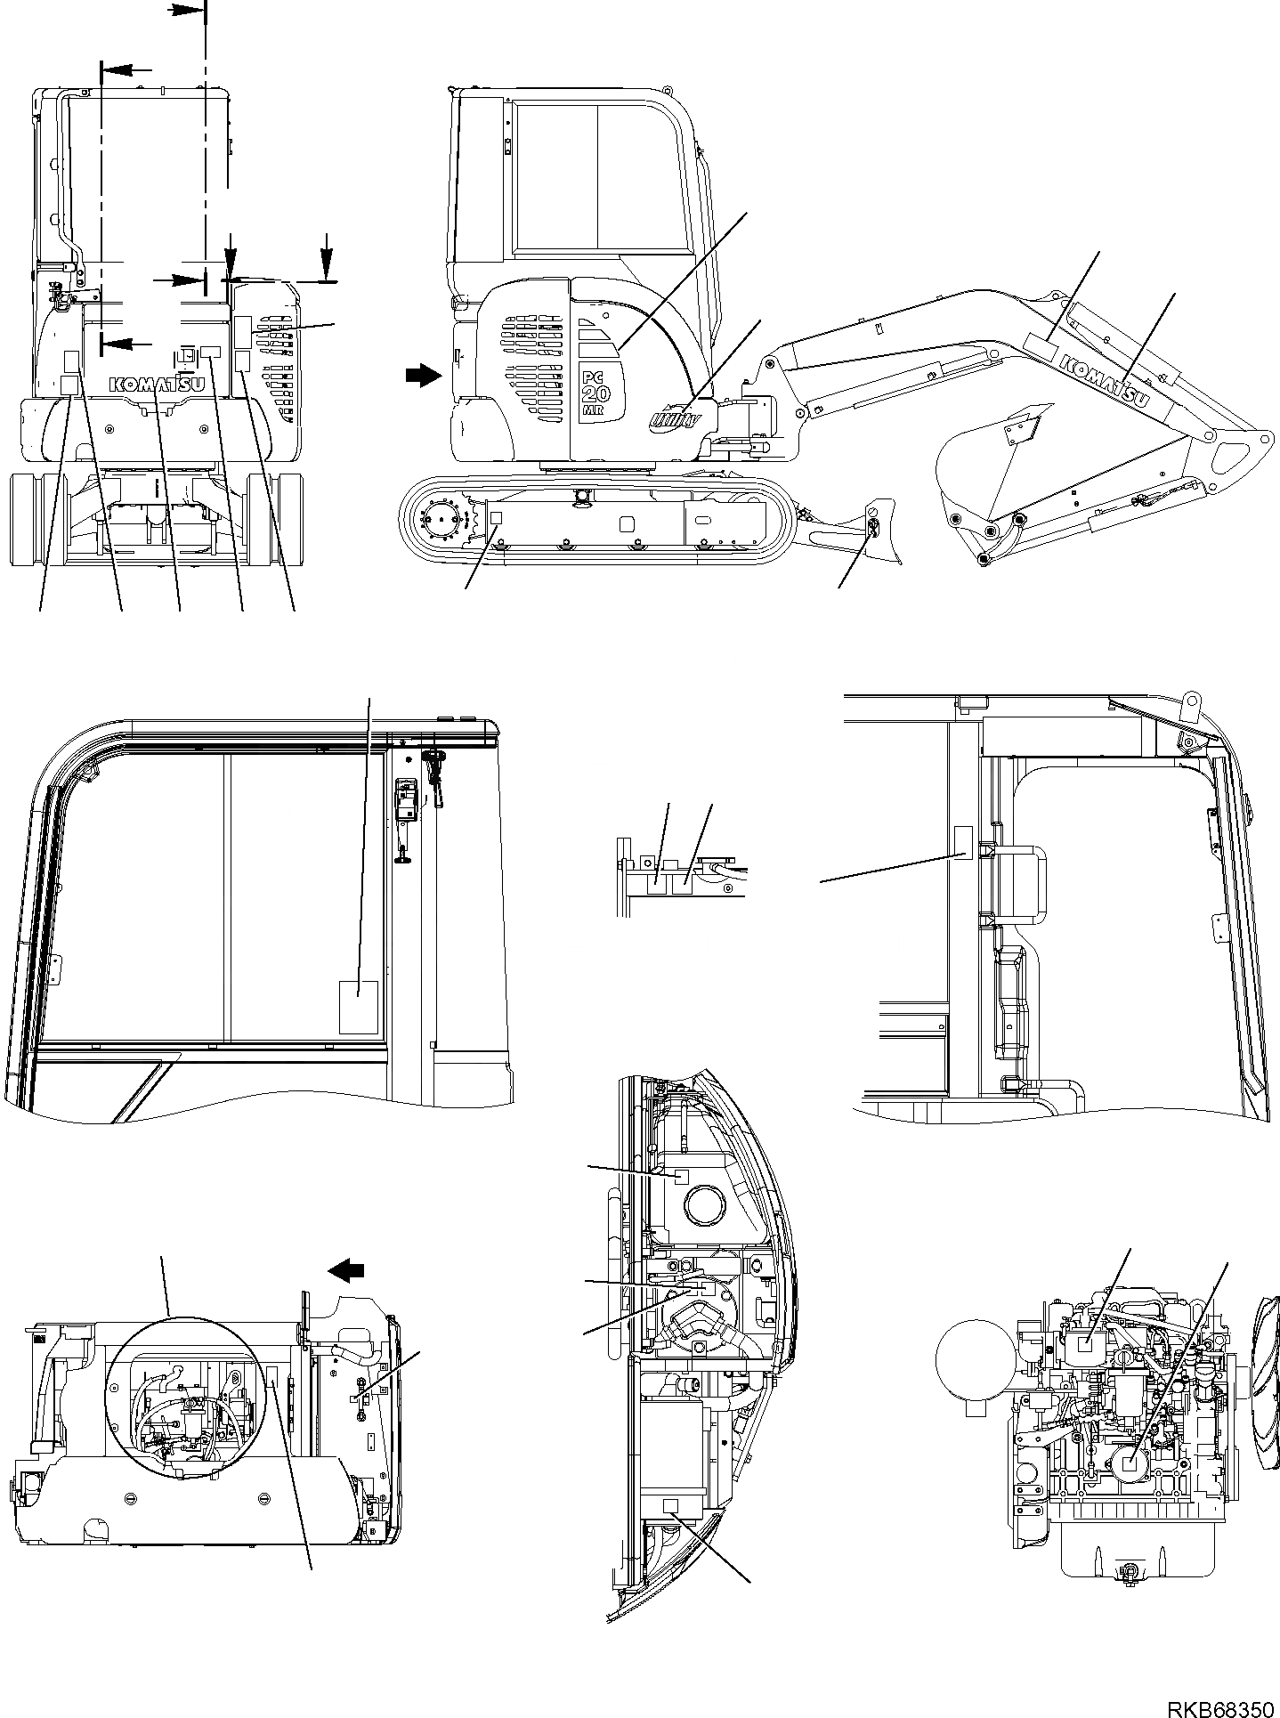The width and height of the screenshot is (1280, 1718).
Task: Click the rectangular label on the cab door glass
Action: [359, 1007]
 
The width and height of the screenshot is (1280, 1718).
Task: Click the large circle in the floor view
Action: [185, 1393]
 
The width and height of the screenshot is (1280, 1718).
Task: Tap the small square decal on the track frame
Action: [497, 517]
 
